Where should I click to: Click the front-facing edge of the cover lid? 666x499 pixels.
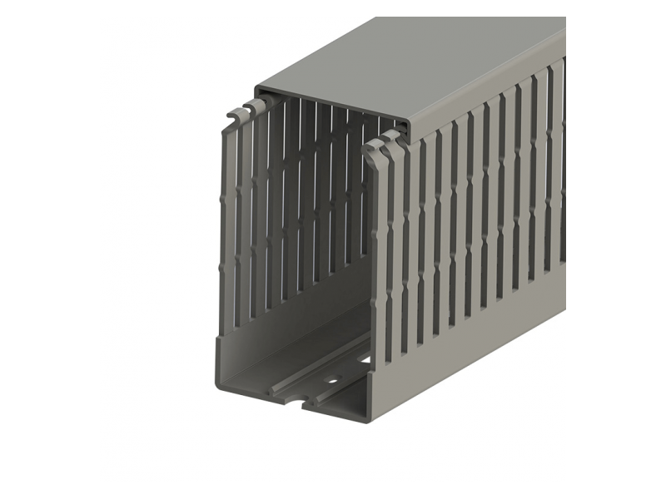pyautogui.click(x=333, y=106)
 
